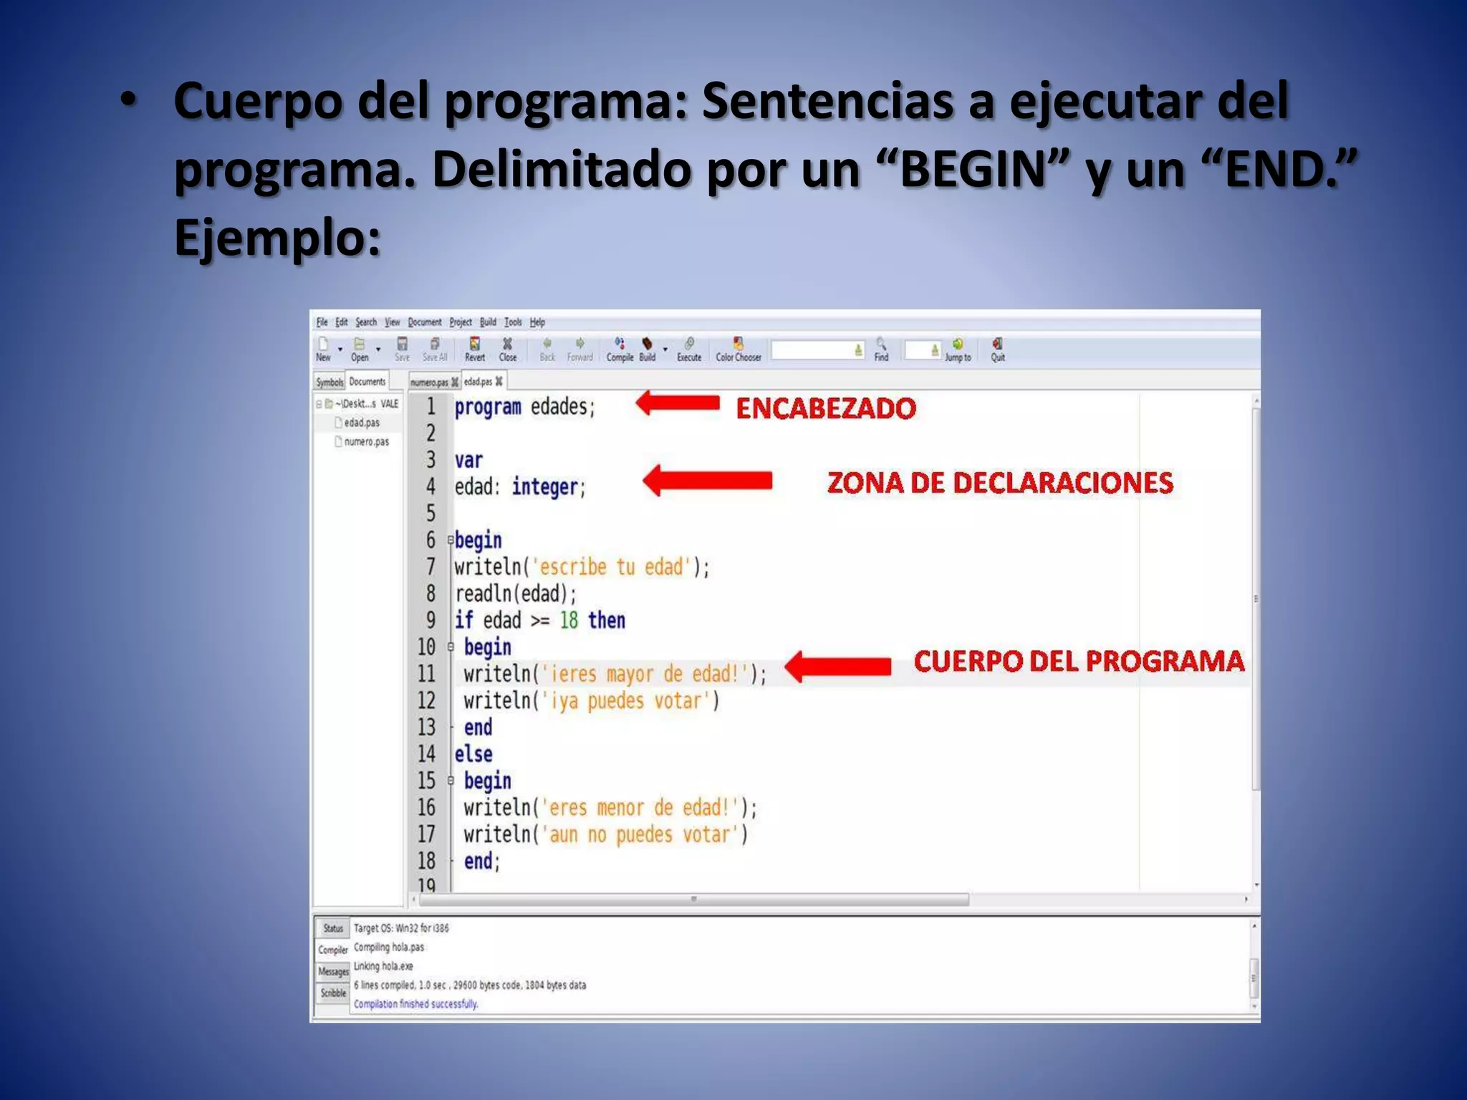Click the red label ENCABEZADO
(826, 408)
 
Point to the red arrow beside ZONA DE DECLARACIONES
(708, 481)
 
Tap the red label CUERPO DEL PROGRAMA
(1079, 661)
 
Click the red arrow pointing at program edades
(678, 403)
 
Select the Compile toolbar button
(620, 349)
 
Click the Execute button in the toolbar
(689, 349)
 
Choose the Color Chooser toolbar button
(739, 349)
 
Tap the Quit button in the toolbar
(998, 349)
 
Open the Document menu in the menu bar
(425, 322)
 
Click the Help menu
(537, 322)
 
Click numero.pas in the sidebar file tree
(366, 442)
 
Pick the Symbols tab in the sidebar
(330, 382)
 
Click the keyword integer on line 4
(545, 487)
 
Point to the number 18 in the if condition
(569, 620)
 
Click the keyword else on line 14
(473, 754)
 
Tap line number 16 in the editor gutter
(426, 808)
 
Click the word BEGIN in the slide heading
(972, 170)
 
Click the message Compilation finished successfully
(415, 1004)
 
